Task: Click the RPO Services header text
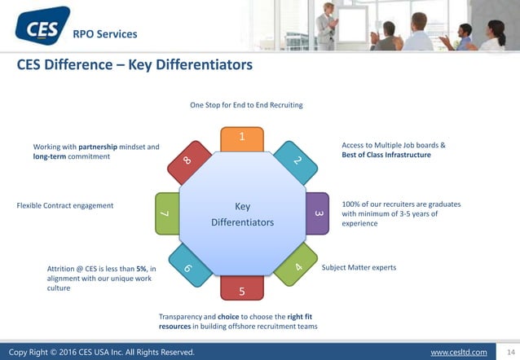[x=105, y=34]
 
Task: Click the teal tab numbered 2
[x=297, y=161]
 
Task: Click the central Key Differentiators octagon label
[x=242, y=213]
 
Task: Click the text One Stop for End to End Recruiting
[x=246, y=105]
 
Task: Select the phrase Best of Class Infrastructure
[x=386, y=154]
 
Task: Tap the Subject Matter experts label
[x=359, y=267]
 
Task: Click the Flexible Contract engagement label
[x=65, y=205]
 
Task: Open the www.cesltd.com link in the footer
[x=458, y=352]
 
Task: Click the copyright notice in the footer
[x=102, y=352]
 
